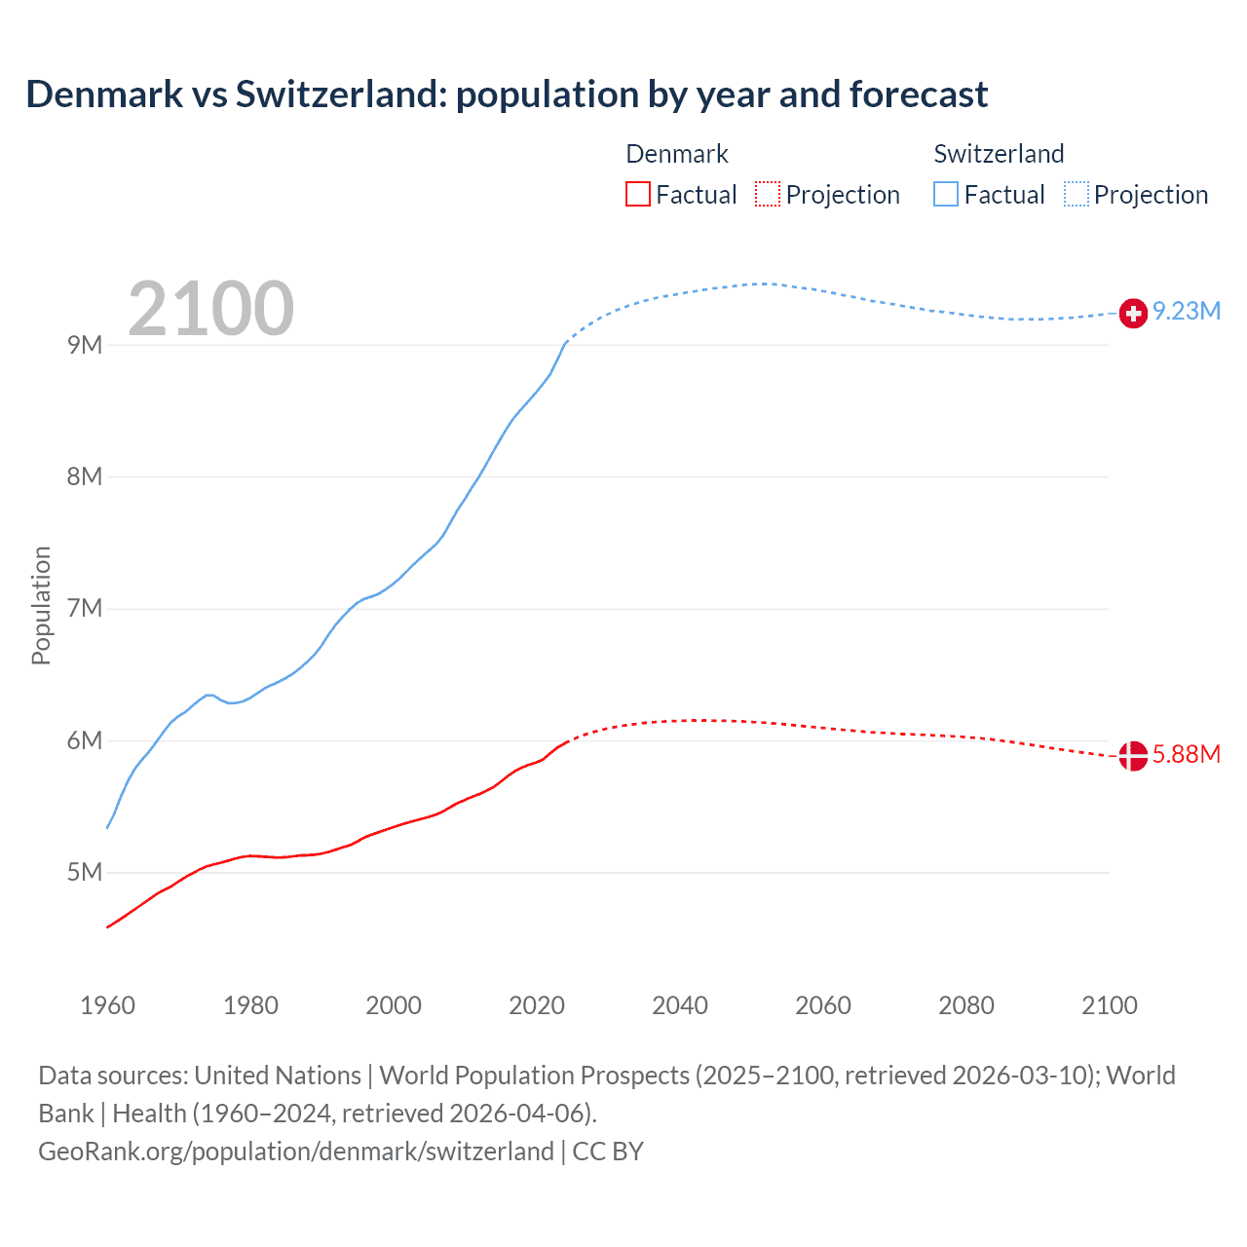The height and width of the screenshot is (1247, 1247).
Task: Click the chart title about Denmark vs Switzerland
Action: click(507, 94)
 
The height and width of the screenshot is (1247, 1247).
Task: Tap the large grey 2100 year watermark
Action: click(210, 309)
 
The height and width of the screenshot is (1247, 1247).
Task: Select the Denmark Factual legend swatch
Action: click(638, 194)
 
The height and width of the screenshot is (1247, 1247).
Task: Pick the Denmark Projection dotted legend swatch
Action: click(768, 194)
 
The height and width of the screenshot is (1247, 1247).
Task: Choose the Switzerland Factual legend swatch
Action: click(946, 194)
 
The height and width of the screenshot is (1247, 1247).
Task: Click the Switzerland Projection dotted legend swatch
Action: click(1077, 194)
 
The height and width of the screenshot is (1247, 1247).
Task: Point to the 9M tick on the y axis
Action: click(85, 345)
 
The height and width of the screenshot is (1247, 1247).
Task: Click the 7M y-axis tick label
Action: click(85, 609)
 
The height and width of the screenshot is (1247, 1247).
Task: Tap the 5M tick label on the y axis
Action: click(85, 872)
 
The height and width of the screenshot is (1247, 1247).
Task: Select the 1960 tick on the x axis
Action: click(107, 1005)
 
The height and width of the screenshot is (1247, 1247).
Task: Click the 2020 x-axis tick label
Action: click(537, 1005)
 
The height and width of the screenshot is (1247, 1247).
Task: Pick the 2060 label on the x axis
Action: click(823, 1005)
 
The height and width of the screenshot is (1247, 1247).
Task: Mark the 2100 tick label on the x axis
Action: click(1110, 1005)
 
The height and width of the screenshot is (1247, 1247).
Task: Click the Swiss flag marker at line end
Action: click(1133, 313)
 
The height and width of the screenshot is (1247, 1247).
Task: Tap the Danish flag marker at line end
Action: click(1133, 755)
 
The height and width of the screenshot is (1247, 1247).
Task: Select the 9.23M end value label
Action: click(1187, 312)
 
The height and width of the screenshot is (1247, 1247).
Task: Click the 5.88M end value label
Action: click(1187, 755)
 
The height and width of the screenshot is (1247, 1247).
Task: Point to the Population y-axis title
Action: click(41, 605)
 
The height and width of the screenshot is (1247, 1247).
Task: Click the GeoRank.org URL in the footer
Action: click(296, 1152)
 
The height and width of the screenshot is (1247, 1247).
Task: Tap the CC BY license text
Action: click(608, 1152)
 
